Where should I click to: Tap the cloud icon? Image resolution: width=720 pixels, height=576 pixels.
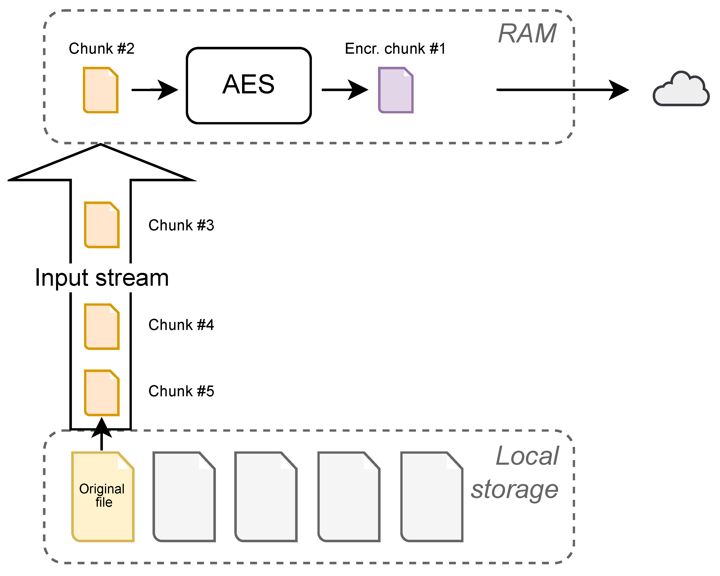pyautogui.click(x=681, y=89)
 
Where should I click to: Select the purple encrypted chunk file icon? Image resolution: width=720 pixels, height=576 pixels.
pyautogui.click(x=396, y=90)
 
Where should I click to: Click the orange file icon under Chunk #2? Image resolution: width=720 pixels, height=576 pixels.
pyautogui.click(x=101, y=90)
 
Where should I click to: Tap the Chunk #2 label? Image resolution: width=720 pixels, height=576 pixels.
pyautogui.click(x=102, y=48)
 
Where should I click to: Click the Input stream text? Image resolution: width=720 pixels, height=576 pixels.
pyautogui.click(x=102, y=278)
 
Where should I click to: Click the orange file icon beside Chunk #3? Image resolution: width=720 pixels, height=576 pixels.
pyautogui.click(x=102, y=225)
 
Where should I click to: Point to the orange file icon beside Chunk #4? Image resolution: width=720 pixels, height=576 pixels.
pyautogui.click(x=102, y=327)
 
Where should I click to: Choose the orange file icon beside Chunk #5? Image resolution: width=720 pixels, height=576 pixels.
pyautogui.click(x=102, y=393)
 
